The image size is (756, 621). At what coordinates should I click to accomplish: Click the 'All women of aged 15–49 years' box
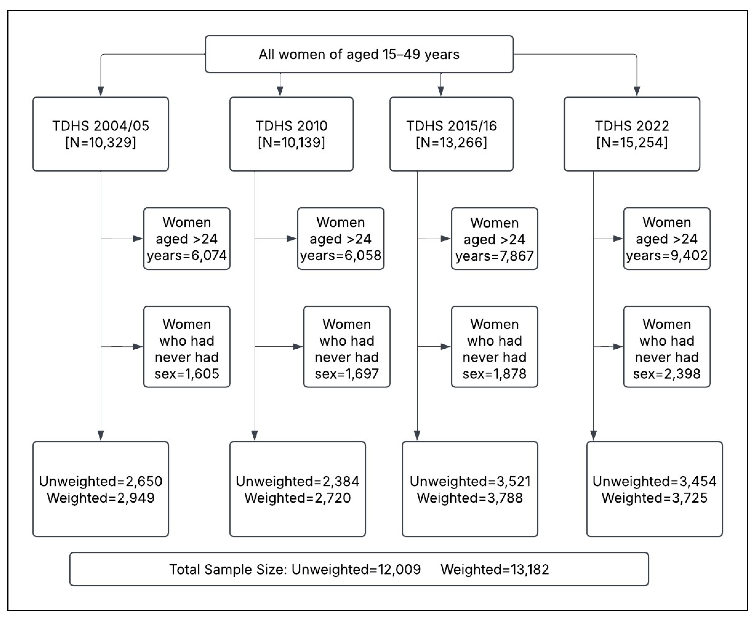(359, 54)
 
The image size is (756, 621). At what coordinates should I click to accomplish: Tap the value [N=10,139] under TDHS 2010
(291, 142)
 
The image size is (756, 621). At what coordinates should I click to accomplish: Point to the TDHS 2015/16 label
(451, 126)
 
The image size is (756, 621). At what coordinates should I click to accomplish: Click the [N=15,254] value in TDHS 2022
(632, 142)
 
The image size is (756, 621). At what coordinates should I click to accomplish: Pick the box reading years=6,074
(187, 239)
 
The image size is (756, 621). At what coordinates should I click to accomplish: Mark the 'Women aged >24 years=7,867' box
(494, 239)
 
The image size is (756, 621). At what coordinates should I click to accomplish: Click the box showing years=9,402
(667, 239)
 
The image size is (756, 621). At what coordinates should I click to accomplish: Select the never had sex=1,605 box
(187, 347)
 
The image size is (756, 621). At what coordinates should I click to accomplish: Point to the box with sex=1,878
(494, 347)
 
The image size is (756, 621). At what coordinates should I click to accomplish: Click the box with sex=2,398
(667, 347)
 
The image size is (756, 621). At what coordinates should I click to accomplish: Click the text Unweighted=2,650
(101, 481)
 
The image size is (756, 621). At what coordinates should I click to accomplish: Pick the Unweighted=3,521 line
(470, 481)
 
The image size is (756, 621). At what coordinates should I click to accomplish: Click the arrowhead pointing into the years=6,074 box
(138, 239)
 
